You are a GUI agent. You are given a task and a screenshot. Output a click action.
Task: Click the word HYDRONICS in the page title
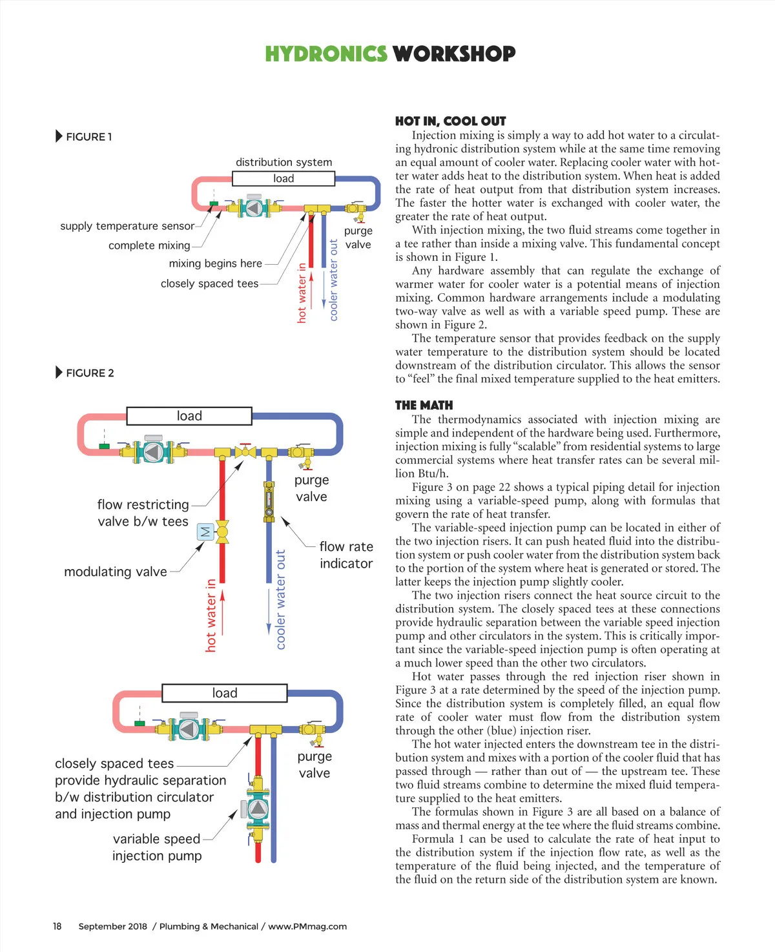(325, 54)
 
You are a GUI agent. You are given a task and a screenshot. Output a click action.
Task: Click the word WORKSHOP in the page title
(454, 54)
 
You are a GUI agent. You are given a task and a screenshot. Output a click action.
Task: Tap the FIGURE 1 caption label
(88, 137)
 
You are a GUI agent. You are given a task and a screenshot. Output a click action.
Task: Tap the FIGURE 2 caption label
(90, 373)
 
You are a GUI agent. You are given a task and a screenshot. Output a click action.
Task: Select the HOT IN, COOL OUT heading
(450, 121)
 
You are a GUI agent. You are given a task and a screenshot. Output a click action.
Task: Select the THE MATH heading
(424, 405)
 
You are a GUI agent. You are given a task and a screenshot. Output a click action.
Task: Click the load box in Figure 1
(284, 178)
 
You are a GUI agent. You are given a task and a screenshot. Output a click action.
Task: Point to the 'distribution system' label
(284, 162)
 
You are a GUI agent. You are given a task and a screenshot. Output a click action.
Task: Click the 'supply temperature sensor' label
(127, 226)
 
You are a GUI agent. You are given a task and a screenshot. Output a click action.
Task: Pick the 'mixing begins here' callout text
(215, 264)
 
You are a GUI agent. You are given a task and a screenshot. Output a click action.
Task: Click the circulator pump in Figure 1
(254, 207)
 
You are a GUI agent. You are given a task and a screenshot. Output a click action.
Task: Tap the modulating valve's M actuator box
(205, 532)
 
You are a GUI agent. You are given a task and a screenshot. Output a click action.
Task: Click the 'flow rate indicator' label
(346, 555)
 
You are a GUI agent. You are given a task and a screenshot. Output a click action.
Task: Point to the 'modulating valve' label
(116, 572)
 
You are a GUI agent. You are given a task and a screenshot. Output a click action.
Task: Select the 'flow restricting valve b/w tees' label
(143, 513)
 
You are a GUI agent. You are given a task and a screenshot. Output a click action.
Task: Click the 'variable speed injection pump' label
(157, 847)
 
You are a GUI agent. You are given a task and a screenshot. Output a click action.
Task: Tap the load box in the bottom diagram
(225, 693)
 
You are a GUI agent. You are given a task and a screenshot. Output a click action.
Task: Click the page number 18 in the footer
(57, 926)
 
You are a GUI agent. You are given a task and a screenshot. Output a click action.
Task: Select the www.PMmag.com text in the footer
(307, 926)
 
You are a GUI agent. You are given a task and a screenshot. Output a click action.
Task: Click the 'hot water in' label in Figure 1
(302, 293)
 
